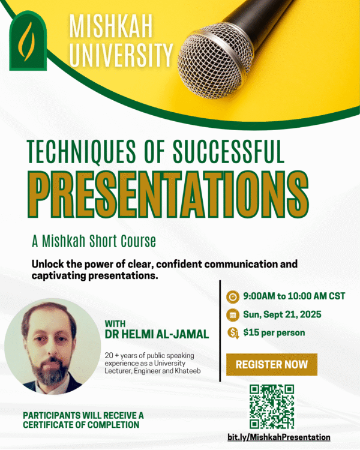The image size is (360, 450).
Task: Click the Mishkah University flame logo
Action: point(28,41)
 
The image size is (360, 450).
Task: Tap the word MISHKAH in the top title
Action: point(110,27)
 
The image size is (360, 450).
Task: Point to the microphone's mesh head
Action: point(214,61)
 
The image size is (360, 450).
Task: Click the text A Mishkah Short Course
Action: point(94,241)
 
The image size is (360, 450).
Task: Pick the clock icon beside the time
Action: point(233,296)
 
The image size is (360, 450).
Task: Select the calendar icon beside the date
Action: point(233,314)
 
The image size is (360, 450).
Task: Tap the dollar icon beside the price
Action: point(233,333)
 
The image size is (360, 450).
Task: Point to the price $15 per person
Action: point(274,332)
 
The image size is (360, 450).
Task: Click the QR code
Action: point(272,406)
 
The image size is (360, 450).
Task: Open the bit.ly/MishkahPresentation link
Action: point(279,437)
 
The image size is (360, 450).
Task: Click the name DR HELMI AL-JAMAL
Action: point(157,334)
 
